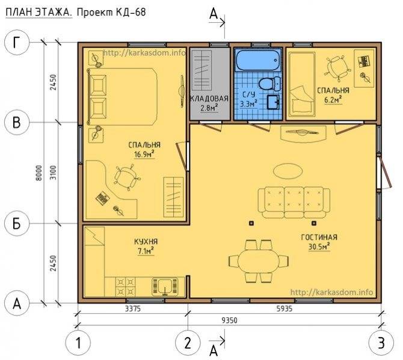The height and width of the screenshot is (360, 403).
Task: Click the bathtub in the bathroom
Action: [x=258, y=60]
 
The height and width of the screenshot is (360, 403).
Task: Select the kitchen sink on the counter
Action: [x=165, y=287]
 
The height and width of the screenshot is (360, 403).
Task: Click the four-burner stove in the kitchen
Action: [x=126, y=287]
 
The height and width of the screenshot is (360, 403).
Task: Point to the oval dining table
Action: [x=258, y=261]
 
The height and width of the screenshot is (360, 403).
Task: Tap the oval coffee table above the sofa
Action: [x=288, y=171]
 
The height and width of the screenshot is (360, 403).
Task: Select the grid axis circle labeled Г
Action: [x=17, y=43]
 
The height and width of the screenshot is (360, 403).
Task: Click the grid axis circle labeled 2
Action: [x=187, y=343]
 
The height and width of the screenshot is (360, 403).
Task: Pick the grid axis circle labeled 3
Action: [x=381, y=343]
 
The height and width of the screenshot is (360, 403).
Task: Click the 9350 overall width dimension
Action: [x=230, y=320]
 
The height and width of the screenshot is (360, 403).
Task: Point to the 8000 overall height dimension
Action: [x=39, y=173]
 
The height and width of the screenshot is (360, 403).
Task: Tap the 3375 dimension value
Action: [x=133, y=308]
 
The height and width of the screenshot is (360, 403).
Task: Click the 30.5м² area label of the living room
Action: [x=319, y=246]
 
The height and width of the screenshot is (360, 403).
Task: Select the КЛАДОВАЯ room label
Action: [x=209, y=99]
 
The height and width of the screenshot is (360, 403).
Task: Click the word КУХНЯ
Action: [x=146, y=242]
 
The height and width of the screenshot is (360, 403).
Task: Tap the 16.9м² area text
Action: [x=144, y=154]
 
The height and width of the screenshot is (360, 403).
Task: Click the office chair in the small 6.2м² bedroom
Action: [x=336, y=67]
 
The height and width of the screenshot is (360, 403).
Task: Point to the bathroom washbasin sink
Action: [x=274, y=102]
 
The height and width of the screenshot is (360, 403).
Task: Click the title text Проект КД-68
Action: [x=111, y=12]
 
